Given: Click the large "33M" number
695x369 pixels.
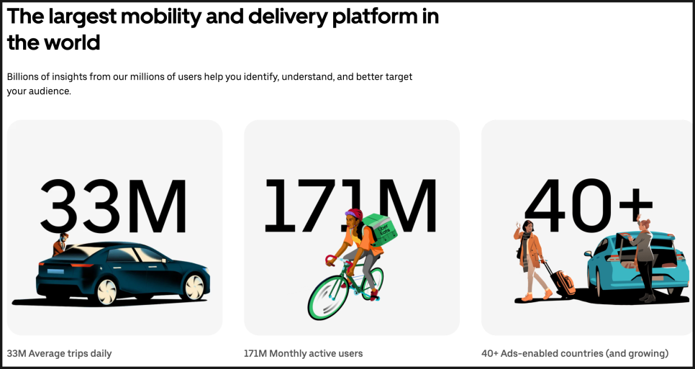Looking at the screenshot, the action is click(114, 206).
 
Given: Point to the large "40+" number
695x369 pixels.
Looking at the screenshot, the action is click(589, 206).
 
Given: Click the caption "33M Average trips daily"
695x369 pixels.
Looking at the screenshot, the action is click(60, 353).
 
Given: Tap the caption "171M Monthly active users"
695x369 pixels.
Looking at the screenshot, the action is click(303, 353).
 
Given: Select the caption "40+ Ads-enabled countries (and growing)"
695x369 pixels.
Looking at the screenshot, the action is click(575, 353).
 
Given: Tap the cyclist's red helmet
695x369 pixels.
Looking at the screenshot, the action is click(354, 214).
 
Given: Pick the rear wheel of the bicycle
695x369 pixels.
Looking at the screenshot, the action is click(371, 282).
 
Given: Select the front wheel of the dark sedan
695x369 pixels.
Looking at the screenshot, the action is click(194, 287).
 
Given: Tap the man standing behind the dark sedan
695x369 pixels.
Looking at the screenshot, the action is click(60, 244).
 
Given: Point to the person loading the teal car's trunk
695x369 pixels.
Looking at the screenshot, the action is click(642, 258).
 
